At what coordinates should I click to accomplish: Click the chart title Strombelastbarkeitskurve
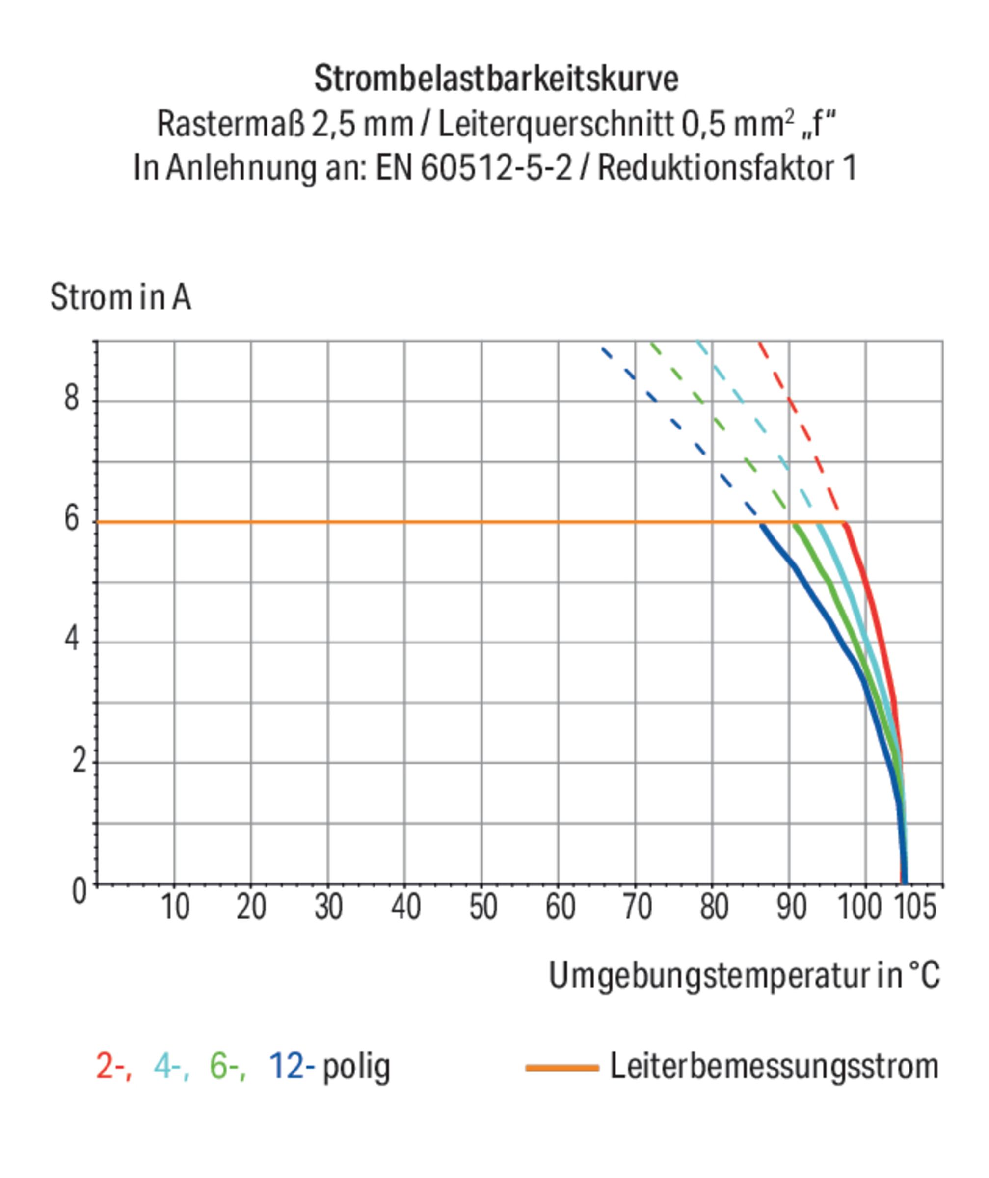[x=496, y=79]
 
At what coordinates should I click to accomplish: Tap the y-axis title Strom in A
[x=121, y=297]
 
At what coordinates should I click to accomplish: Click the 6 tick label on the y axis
[x=72, y=519]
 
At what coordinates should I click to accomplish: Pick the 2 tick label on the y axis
[x=79, y=761]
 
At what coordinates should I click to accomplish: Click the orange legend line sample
[x=562, y=1068]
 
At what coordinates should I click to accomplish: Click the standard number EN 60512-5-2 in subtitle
[x=474, y=168]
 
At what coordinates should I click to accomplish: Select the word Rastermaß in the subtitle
[x=231, y=124]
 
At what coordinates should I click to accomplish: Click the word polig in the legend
[x=356, y=1068]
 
